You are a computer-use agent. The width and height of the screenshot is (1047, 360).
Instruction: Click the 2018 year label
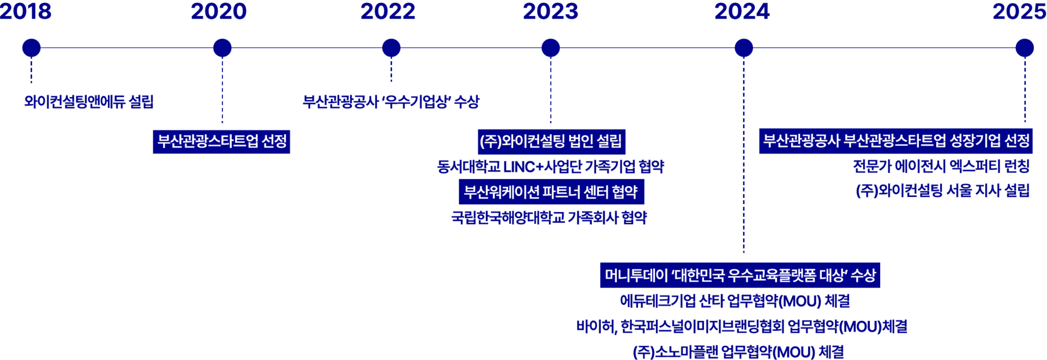[26, 11]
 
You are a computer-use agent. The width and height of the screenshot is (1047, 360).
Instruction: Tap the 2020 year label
[219, 11]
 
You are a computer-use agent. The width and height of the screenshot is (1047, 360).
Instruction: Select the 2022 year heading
[388, 11]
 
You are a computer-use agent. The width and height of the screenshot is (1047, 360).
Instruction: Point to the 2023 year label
[550, 11]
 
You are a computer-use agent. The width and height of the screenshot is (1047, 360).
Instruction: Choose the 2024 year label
[742, 11]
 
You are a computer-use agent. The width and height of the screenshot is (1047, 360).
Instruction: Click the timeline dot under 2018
[31, 48]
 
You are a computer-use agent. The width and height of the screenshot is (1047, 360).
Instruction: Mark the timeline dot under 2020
[222, 48]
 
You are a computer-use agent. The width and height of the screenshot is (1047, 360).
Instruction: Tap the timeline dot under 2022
[391, 48]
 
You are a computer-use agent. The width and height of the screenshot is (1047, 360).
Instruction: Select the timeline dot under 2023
[550, 48]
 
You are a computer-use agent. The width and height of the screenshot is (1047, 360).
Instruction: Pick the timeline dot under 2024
[743, 48]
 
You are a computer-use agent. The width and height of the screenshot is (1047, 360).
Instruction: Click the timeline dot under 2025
[1025, 48]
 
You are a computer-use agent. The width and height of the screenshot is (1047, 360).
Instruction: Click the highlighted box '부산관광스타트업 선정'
[221, 142]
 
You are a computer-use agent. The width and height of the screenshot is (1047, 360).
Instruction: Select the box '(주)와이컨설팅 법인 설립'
[551, 142]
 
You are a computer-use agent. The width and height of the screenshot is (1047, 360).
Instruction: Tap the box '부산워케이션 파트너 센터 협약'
[551, 192]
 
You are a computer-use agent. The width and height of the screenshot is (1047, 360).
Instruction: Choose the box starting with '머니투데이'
[740, 275]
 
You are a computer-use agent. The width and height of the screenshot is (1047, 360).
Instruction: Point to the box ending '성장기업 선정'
[895, 141]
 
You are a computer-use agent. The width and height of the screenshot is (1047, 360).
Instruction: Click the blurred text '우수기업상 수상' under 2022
[431, 101]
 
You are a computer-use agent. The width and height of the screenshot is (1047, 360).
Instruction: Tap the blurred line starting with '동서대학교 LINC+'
[551, 166]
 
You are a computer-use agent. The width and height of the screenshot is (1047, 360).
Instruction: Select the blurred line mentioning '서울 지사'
[942, 190]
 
